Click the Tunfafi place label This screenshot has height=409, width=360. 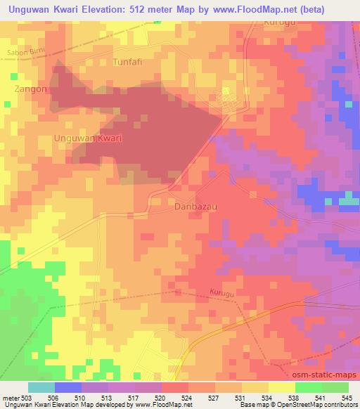[128, 62]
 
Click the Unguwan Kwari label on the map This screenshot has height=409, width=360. [88, 138]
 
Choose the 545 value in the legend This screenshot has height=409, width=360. [346, 398]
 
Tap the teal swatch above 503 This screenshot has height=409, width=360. [41, 387]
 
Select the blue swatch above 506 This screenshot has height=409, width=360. [68, 387]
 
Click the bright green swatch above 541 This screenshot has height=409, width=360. [308, 387]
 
